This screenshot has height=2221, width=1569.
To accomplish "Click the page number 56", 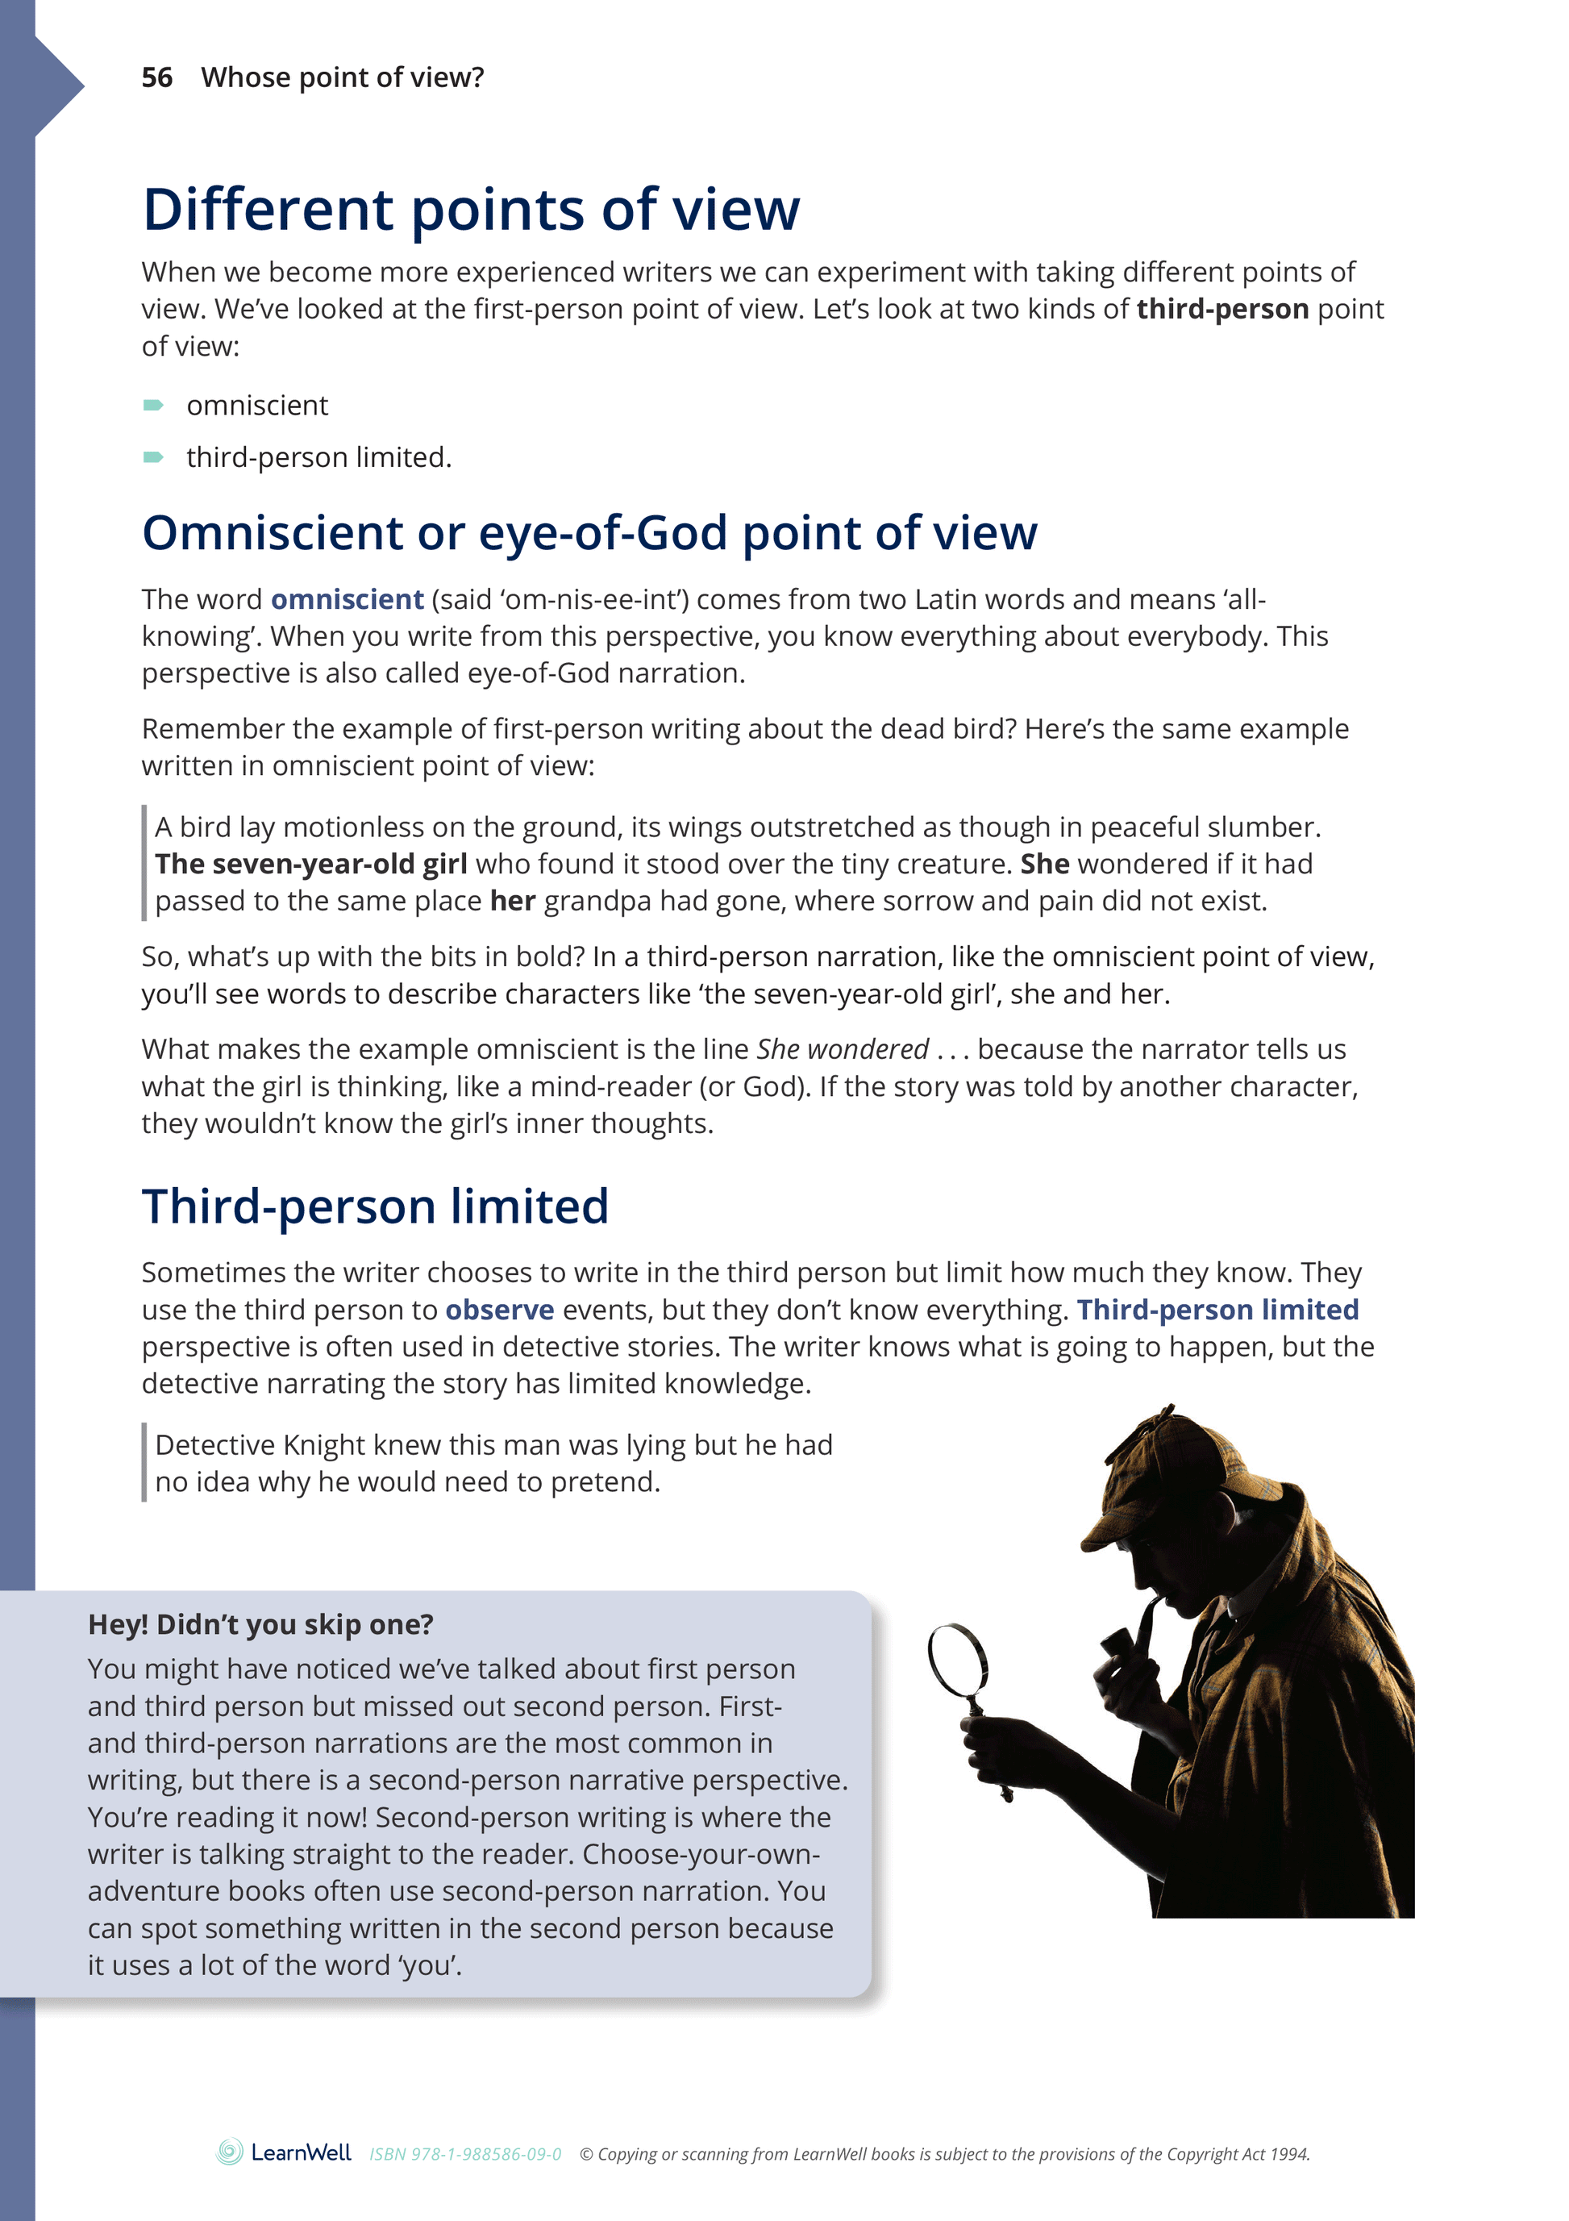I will (156, 77).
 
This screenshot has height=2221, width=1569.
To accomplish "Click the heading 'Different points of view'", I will (471, 210).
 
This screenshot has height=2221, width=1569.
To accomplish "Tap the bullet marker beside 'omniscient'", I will (153, 406).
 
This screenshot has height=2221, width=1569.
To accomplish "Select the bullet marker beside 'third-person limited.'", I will (153, 457).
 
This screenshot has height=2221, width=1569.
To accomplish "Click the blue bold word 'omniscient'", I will (348, 600).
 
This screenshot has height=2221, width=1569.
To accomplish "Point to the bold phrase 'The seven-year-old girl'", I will (310, 864).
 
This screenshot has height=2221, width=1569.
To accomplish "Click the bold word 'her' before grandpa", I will (513, 902).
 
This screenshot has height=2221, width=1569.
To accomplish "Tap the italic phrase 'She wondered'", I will (843, 1049).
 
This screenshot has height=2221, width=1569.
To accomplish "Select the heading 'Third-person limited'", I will (376, 1207).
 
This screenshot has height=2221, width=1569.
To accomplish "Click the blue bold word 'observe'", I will (499, 1310).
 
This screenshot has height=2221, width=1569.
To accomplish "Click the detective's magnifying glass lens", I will (957, 1658).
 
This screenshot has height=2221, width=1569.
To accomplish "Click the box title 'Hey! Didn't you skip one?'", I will (260, 1624).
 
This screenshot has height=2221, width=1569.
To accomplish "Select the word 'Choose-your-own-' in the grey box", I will (701, 1854).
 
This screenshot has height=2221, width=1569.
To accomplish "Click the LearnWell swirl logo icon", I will (229, 2152).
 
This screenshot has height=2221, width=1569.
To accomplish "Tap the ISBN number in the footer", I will (465, 2154).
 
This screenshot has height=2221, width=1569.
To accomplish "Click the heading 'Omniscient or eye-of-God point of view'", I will (589, 533).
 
